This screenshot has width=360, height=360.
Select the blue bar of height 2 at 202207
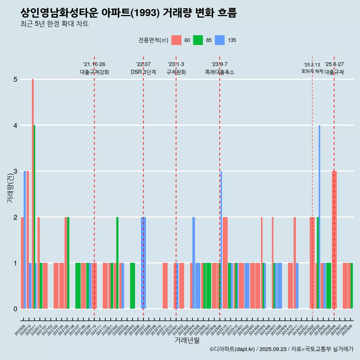tap(143, 262)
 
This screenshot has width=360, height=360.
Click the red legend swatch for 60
tap(176, 40)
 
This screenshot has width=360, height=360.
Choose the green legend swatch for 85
tap(198, 40)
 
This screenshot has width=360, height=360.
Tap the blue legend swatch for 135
tap(220, 40)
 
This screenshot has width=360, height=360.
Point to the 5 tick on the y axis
tap(15, 79)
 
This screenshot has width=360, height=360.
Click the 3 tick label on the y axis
tap(15, 171)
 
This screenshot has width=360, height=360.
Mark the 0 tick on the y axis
tap(15, 309)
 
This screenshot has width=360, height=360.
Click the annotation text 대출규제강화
tap(94, 72)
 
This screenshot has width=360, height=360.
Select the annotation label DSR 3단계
tap(143, 72)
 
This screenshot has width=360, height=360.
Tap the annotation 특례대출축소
tap(220, 72)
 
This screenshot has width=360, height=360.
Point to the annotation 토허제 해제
tap(312, 71)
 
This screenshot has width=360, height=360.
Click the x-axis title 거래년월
tap(187, 340)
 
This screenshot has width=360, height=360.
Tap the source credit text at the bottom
tap(281, 349)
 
